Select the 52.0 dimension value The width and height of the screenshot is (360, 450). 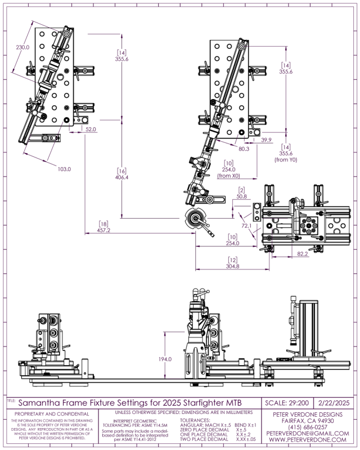(x=91, y=129)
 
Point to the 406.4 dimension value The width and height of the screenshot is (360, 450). (x=122, y=177)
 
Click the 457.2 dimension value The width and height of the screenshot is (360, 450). (x=103, y=230)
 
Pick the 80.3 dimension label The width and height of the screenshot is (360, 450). (x=243, y=149)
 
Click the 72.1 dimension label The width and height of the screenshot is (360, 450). (x=245, y=226)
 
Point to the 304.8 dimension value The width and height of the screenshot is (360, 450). (x=233, y=266)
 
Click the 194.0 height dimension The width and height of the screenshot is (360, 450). (x=165, y=359)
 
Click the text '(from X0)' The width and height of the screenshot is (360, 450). (x=228, y=175)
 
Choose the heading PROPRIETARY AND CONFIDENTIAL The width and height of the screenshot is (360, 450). (x=52, y=413)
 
